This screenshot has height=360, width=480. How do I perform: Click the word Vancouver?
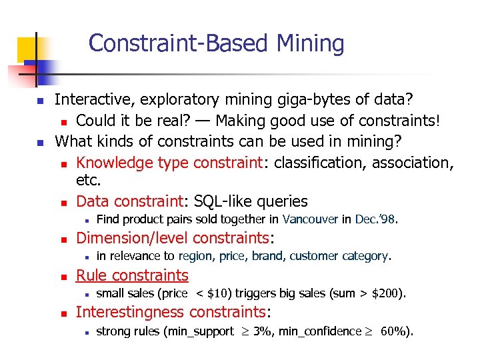point(311,219)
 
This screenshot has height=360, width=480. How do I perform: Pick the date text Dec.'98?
point(376,219)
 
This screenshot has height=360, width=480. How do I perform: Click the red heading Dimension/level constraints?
point(176,238)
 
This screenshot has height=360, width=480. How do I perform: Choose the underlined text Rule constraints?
point(132,275)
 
